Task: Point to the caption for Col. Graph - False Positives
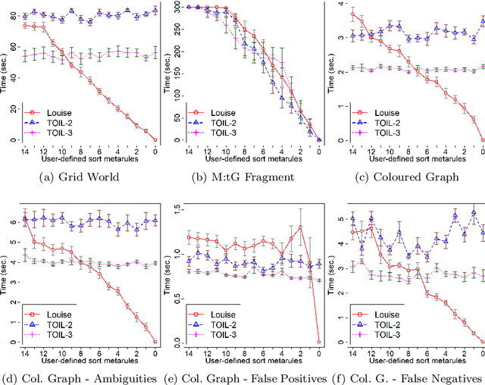point(242,377)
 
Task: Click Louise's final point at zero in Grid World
point(155,139)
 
